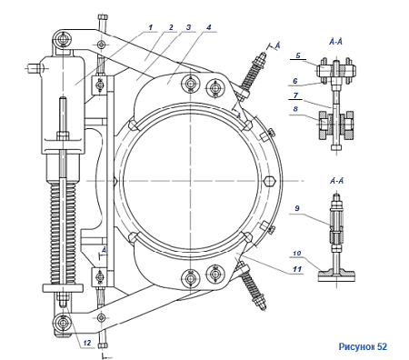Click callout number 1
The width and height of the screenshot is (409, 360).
[x=151, y=27]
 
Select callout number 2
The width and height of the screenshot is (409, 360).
[x=171, y=27]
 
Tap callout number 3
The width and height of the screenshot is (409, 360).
[x=189, y=27]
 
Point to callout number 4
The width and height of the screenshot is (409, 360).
[x=209, y=27]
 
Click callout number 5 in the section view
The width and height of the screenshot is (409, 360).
[x=298, y=55]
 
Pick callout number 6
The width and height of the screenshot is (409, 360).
[x=295, y=81]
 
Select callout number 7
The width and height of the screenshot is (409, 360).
[x=295, y=95]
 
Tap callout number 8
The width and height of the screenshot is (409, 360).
[x=295, y=108]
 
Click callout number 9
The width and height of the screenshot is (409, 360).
[x=297, y=208]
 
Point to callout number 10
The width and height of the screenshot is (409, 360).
[x=297, y=253]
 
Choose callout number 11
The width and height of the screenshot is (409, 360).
[x=297, y=269]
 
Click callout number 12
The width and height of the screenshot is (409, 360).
[x=87, y=343]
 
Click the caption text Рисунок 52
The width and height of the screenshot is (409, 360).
[x=363, y=346]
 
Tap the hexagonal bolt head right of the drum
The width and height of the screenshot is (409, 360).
[x=270, y=181]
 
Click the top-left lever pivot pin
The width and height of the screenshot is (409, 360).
[x=63, y=39]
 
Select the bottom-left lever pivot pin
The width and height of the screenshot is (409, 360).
[x=63, y=322]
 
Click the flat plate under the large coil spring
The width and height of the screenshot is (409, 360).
[x=63, y=288]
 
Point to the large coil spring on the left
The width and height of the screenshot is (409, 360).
[x=63, y=233]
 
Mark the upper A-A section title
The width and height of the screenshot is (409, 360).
[x=335, y=42]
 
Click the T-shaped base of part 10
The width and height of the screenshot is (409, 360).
[x=336, y=275]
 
